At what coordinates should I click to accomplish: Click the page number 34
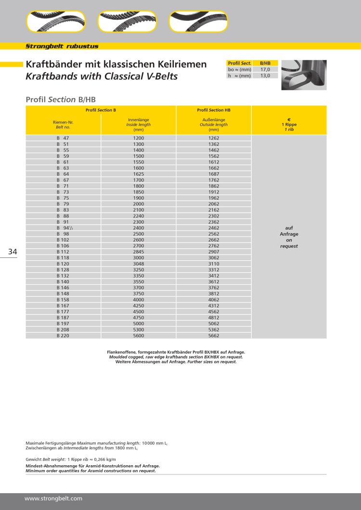click(13, 252)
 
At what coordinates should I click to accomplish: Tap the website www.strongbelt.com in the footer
click(53, 498)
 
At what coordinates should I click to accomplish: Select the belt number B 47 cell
click(63, 138)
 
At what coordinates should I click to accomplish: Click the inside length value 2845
click(139, 252)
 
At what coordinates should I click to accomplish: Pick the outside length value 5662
click(214, 335)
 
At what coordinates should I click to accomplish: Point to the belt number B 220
click(63, 335)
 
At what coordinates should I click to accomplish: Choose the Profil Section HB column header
click(214, 110)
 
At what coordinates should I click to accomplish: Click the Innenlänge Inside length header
click(139, 125)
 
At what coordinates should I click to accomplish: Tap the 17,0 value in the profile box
click(265, 69)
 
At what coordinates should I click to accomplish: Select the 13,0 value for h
click(265, 76)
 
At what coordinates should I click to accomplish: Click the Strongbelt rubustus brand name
click(62, 46)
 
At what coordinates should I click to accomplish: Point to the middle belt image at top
click(128, 22)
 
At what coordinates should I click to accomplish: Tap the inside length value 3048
click(139, 264)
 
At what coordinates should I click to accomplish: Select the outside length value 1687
click(214, 174)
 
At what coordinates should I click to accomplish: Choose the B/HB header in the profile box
click(265, 63)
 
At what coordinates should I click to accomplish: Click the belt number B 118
click(63, 258)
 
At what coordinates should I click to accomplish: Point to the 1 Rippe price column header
click(289, 125)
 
